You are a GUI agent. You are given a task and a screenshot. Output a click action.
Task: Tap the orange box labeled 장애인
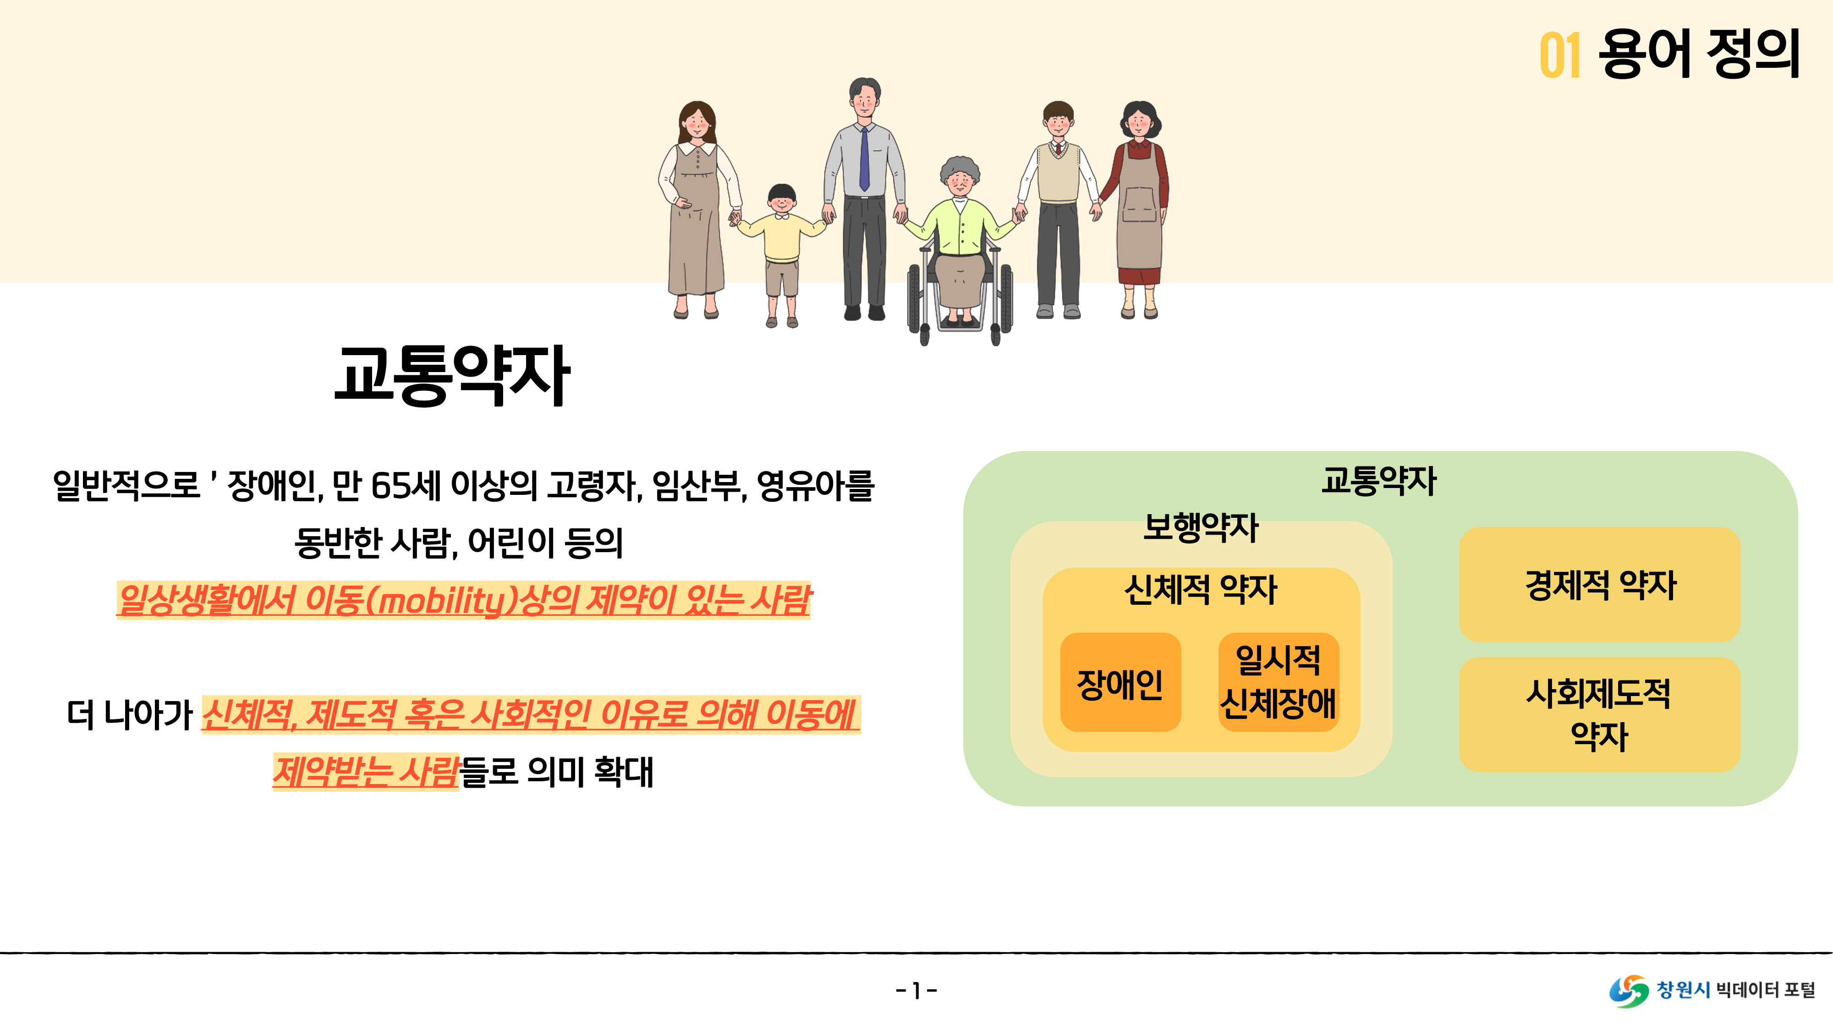click(1120, 683)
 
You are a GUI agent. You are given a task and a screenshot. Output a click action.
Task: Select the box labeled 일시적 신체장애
click(1278, 682)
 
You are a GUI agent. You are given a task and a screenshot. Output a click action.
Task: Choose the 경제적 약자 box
click(1600, 584)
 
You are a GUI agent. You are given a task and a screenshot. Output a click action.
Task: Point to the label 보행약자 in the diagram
click(1201, 527)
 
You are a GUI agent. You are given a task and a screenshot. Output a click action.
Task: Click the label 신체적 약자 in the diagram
click(1201, 589)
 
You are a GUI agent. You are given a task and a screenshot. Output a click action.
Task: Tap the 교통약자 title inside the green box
click(1379, 481)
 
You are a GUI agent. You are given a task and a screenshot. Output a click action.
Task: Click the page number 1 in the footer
click(916, 990)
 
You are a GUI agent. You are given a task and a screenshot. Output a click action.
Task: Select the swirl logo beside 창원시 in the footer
click(1629, 990)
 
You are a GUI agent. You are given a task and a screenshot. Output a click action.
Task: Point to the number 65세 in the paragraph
click(406, 486)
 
